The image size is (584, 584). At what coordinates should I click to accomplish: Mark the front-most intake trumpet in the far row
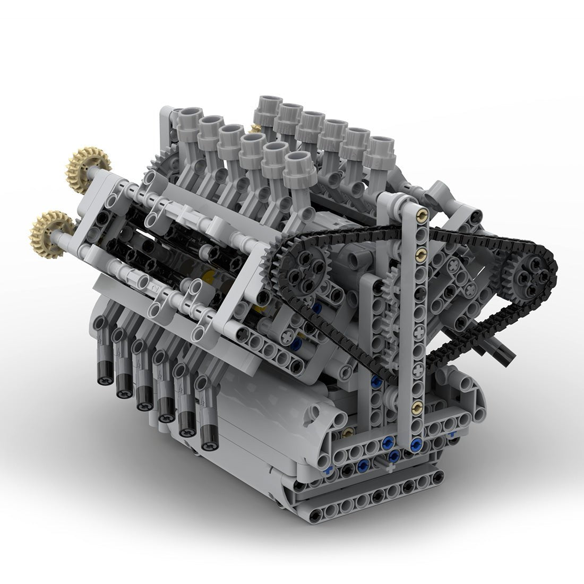[379, 145]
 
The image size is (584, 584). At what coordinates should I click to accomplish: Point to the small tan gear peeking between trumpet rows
[256, 128]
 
